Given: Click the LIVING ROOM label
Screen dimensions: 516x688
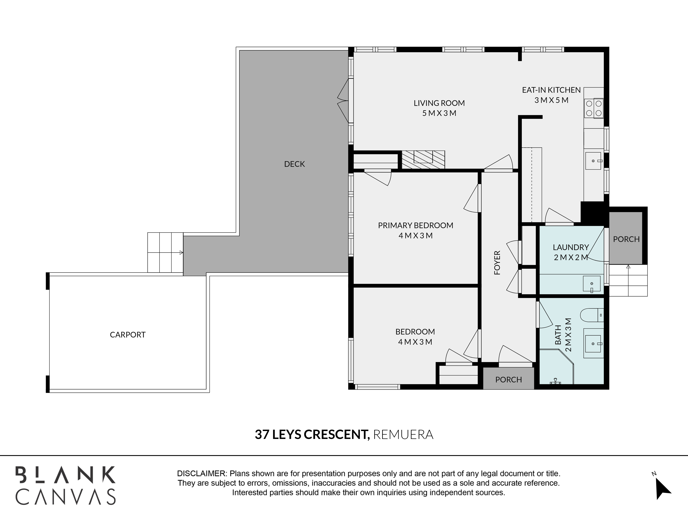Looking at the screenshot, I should [439, 103].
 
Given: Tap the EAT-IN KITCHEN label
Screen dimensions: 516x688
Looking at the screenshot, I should [551, 90].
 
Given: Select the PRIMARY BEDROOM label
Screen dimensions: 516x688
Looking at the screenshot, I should [416, 225].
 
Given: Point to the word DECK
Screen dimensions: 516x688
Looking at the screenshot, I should [294, 164].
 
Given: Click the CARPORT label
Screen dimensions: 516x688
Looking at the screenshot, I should [127, 335].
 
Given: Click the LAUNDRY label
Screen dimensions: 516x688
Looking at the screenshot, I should [571, 247].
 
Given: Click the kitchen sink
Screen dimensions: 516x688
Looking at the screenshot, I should [593, 161].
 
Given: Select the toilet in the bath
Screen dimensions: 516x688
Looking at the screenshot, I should [592, 315].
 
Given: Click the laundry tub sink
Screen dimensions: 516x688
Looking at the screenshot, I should [592, 284].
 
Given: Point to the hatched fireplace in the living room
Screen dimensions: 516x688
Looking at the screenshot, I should [423, 160].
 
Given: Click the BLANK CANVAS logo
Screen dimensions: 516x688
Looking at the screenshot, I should [66, 486].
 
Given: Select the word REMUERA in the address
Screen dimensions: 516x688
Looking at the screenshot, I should [403, 434].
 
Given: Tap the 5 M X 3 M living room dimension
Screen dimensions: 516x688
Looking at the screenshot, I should [439, 113].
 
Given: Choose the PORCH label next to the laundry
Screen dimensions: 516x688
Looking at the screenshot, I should [626, 239].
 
